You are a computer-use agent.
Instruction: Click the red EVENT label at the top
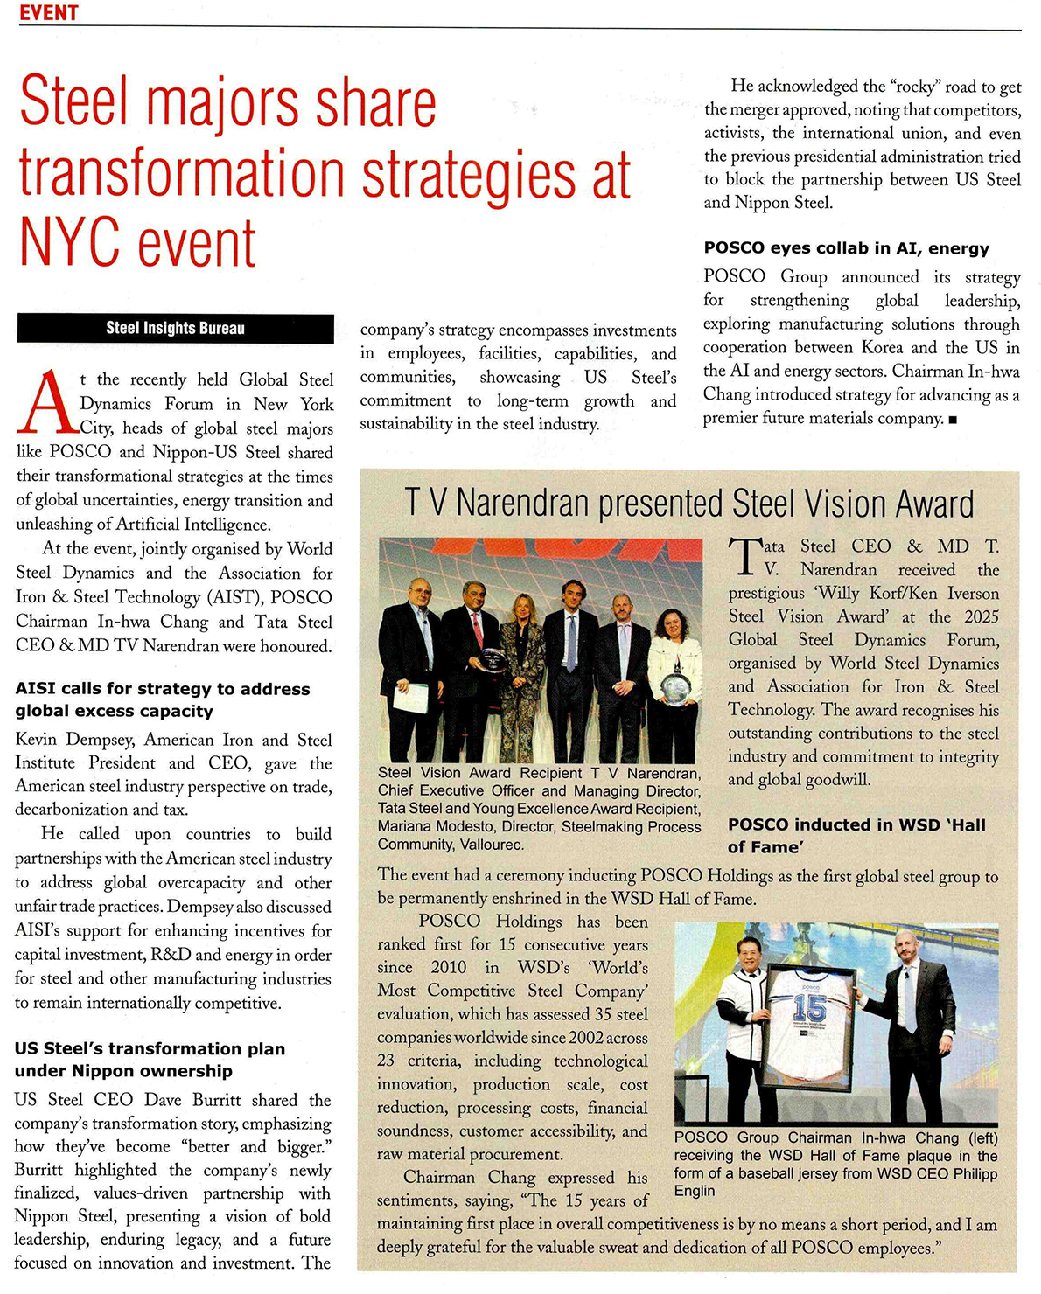[49, 12]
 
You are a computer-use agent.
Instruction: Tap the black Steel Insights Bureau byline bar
[175, 329]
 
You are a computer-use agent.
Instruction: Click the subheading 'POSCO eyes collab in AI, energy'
[846, 248]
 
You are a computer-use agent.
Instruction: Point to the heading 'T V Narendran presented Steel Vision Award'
[688, 504]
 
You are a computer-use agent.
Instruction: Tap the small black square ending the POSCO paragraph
[952, 420]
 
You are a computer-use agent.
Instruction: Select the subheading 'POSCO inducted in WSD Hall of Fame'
[856, 835]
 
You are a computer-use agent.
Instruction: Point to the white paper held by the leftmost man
[409, 697]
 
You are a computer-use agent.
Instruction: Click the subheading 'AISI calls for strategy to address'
[163, 689]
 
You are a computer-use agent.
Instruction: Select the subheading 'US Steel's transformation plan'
[150, 1048]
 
